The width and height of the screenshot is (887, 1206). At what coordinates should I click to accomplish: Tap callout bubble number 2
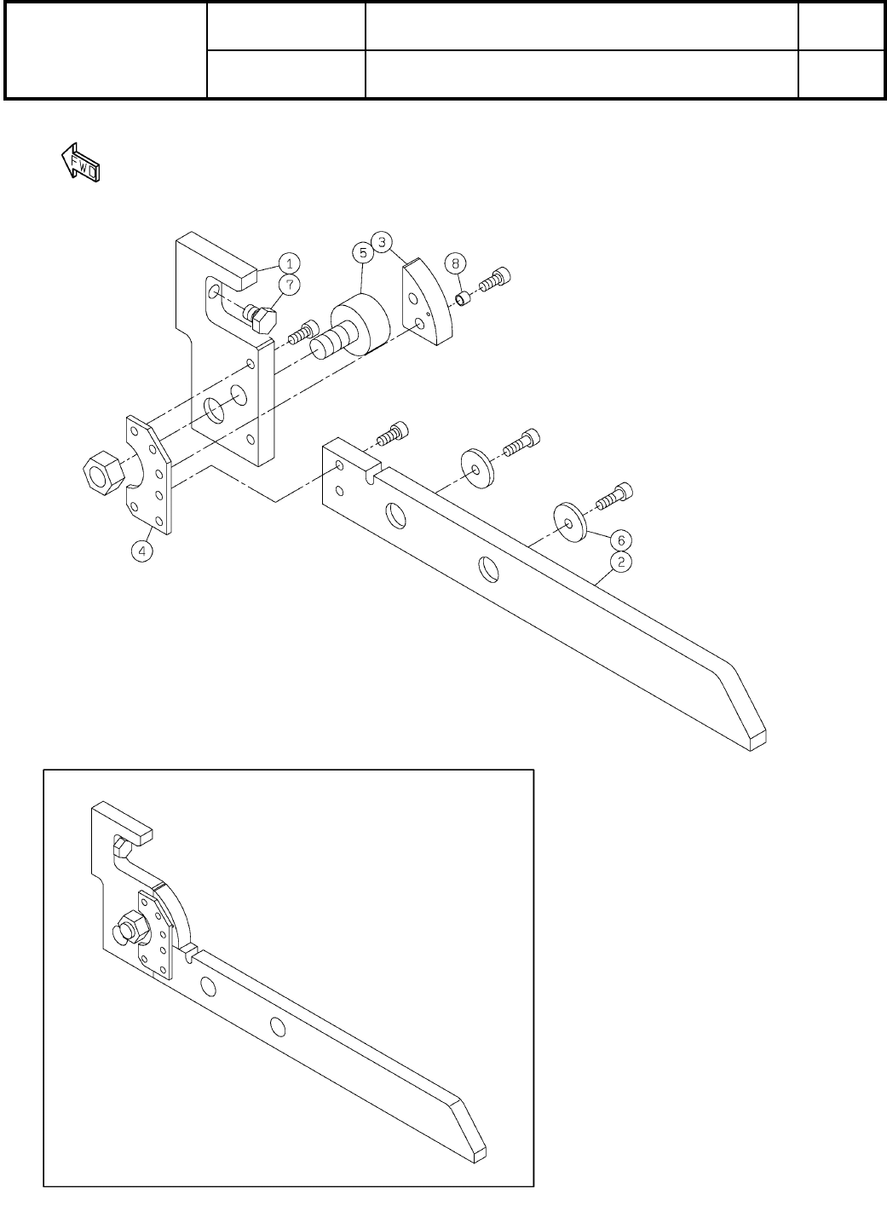coord(623,563)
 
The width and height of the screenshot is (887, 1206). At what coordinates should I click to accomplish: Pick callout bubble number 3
coord(383,242)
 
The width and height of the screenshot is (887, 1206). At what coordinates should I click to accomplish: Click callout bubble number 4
coord(142,551)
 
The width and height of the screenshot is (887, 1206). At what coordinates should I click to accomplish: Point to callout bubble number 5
coord(363,253)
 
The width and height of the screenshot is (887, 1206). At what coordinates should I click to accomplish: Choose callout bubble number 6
coord(622,540)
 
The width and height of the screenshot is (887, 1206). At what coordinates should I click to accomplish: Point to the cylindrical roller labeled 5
coord(358,326)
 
